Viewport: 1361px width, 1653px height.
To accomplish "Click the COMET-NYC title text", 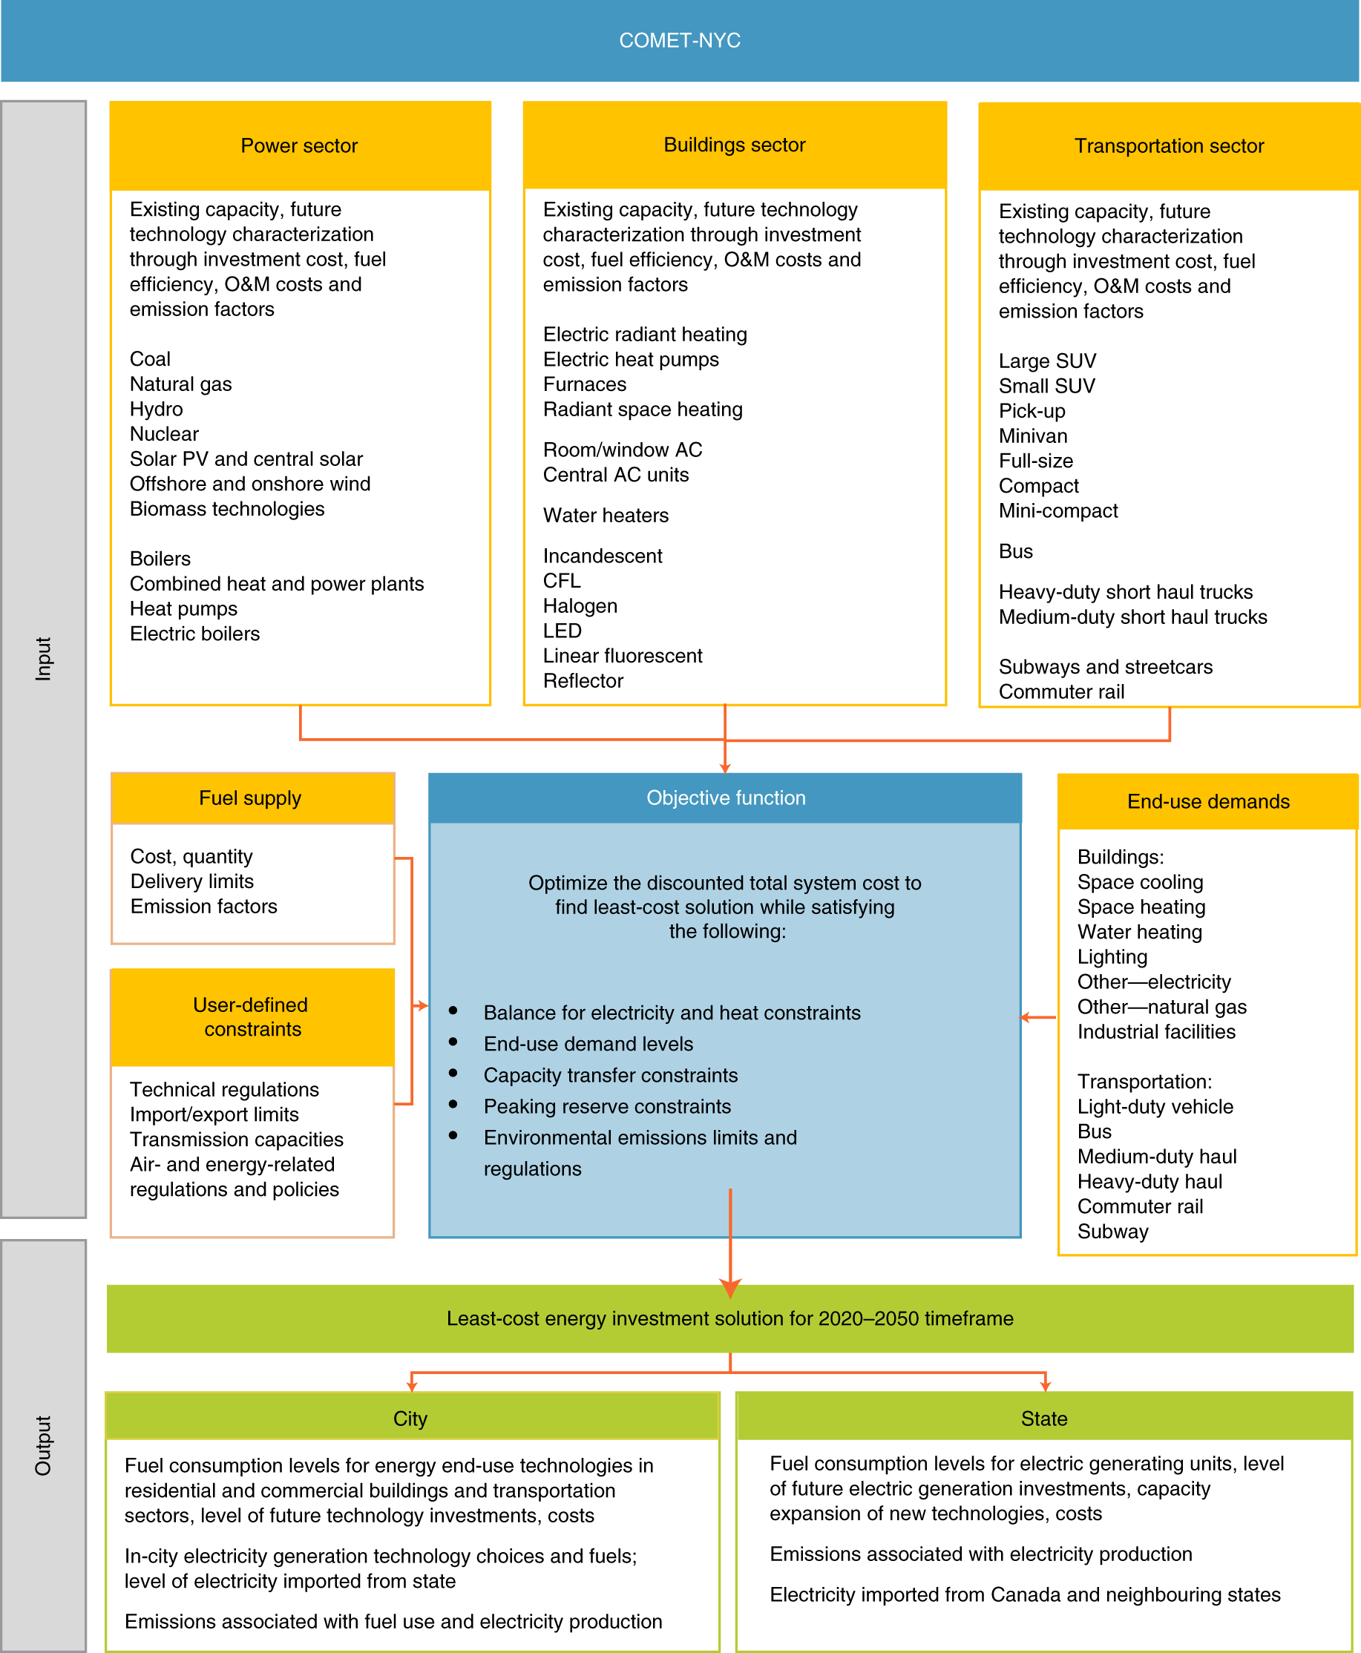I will tap(679, 41).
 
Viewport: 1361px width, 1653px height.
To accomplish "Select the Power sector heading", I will tap(299, 145).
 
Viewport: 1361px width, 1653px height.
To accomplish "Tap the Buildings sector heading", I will tap(734, 145).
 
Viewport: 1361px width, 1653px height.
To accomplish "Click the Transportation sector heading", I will tap(1168, 145).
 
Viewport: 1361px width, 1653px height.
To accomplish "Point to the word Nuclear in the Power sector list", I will tap(164, 434).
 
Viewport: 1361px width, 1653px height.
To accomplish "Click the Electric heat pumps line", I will tap(630, 360).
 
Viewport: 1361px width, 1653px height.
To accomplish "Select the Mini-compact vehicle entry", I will tap(1057, 511).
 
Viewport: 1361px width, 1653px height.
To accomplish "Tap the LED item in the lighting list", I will tap(562, 631).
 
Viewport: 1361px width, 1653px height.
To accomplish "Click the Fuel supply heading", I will tap(250, 798).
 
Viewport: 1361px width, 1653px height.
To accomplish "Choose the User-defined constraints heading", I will tap(252, 1016).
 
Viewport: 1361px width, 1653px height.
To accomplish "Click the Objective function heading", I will tap(725, 798).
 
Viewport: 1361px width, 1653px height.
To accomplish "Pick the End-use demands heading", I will tap(1207, 801).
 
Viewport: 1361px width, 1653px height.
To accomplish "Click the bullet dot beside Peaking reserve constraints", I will tap(453, 1105).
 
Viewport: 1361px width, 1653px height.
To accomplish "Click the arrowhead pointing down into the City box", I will tap(412, 1386).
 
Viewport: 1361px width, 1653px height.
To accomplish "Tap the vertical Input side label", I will tap(43, 658).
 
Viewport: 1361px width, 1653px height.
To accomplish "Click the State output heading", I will tap(1043, 1419).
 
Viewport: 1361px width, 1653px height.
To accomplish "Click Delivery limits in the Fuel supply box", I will tap(192, 881).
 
